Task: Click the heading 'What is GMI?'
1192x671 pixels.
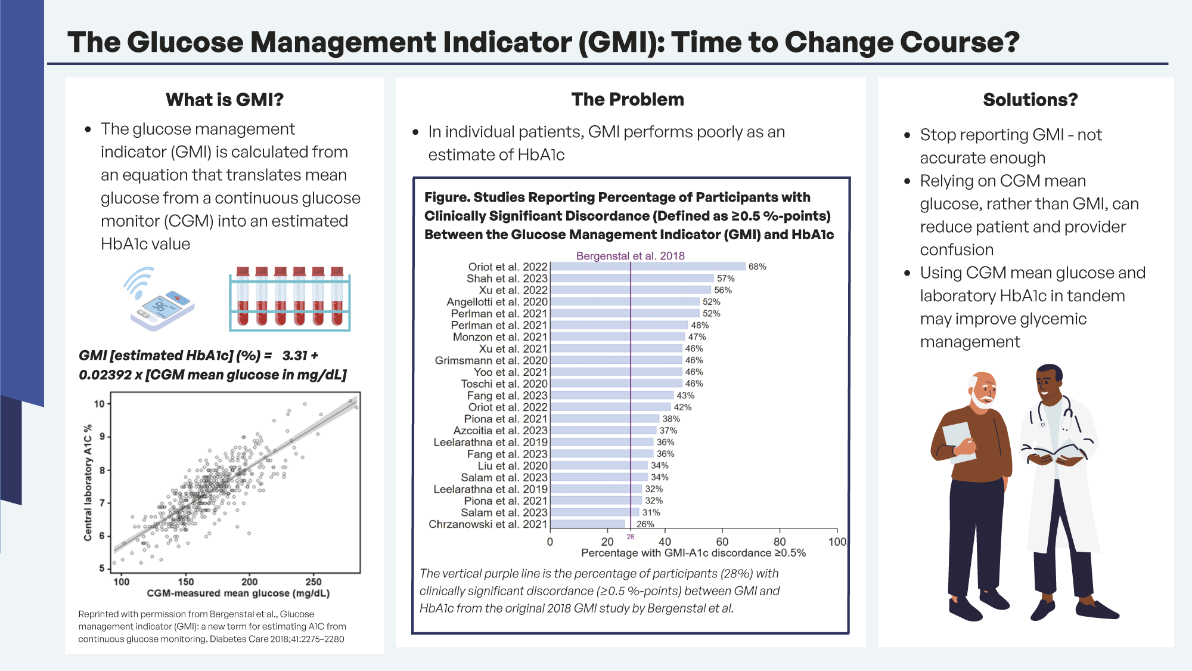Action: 224,100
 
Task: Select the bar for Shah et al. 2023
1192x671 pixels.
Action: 632,279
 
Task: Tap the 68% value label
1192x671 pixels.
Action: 757,267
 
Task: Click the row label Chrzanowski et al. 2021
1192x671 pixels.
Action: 488,524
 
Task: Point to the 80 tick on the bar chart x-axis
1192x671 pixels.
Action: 780,542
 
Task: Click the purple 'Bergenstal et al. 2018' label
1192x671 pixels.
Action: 630,256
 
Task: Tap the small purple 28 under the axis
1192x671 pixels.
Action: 630,537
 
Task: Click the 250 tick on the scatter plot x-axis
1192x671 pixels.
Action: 313,582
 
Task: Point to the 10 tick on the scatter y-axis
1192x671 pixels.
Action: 99,404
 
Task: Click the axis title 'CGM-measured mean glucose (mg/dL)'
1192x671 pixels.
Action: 238,593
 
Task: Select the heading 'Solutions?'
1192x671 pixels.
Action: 1030,100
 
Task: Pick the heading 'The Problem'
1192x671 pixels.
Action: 627,100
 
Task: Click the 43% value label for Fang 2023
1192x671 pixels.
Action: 685,395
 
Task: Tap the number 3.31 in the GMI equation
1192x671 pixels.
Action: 294,355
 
